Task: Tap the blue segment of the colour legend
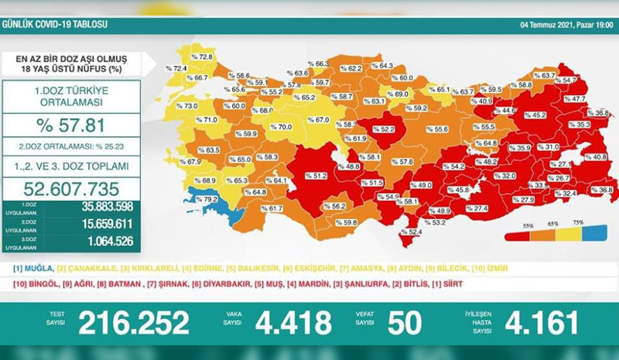point(591,231)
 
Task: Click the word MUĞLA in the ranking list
point(36,268)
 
